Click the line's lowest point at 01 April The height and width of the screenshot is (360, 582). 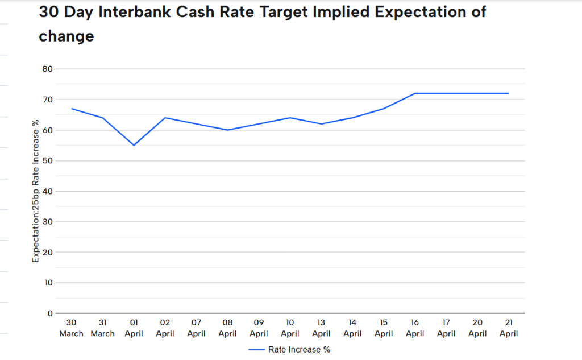(x=134, y=145)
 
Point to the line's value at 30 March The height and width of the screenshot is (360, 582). (x=72, y=109)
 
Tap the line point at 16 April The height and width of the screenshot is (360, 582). (x=415, y=93)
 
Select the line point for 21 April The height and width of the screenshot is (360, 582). (x=508, y=93)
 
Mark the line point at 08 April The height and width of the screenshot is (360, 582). (x=227, y=130)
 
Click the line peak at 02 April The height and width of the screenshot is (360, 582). (x=165, y=118)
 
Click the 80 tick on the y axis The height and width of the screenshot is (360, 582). (x=47, y=69)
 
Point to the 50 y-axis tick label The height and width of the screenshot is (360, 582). (x=47, y=160)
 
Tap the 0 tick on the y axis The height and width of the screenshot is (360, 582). (x=50, y=313)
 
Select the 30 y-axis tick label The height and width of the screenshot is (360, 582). (x=47, y=221)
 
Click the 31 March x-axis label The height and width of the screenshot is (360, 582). (x=102, y=328)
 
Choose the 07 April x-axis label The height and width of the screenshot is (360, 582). (x=196, y=328)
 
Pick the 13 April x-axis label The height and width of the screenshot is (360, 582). (x=321, y=328)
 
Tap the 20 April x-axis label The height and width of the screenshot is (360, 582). (x=477, y=328)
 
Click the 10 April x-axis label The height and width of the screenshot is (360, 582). (x=290, y=328)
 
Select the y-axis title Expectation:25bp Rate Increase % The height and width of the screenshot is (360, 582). (x=35, y=191)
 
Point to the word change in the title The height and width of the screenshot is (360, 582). (x=66, y=36)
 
